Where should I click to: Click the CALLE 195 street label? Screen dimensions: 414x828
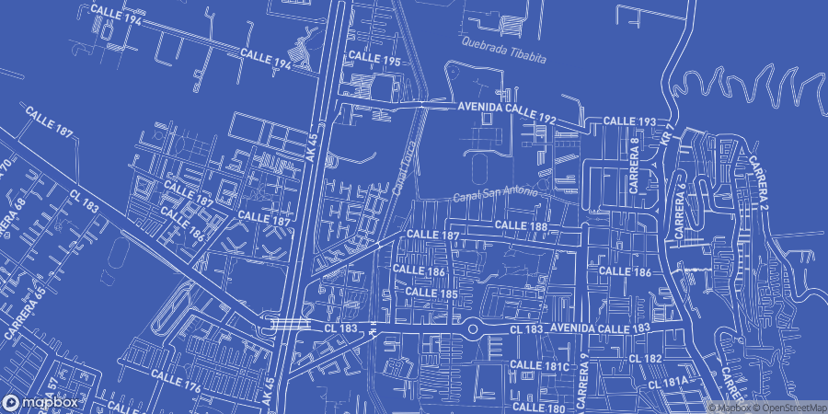374,59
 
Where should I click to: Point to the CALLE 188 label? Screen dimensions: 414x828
521,225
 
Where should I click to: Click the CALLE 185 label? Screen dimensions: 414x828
431,293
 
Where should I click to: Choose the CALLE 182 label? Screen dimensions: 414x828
646,358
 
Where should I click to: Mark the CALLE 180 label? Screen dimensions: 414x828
537,407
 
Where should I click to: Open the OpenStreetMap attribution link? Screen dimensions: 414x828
790,408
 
